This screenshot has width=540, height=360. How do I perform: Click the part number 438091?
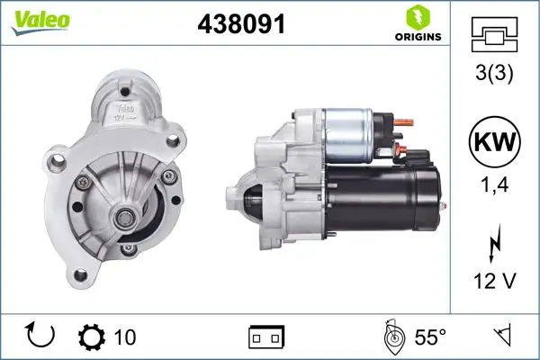[241, 23]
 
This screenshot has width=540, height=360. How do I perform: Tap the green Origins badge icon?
[416, 15]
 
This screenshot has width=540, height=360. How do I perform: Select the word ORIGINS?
[416, 36]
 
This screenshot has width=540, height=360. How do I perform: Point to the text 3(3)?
[495, 73]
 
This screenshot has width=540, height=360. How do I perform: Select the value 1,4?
[495, 187]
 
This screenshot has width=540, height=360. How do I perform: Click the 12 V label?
[495, 282]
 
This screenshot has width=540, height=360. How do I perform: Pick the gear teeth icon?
[93, 337]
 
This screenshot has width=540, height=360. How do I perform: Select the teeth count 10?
[125, 337]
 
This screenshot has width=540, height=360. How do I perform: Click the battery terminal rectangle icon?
[266, 337]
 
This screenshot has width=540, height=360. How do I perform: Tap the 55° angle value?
[430, 337]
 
